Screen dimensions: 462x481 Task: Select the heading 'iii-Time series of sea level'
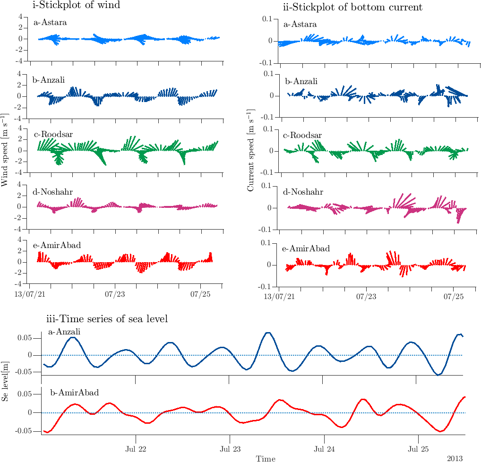pyautogui.click(x=107, y=319)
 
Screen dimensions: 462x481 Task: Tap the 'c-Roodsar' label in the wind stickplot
pyautogui.click(x=52, y=133)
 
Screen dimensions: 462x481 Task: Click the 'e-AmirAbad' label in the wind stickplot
pyautogui.click(x=56, y=245)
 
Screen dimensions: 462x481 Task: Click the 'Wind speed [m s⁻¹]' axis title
pyautogui.click(x=6, y=149)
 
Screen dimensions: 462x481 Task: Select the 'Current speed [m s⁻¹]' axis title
pyautogui.click(x=251, y=150)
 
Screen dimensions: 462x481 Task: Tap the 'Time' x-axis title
pyautogui.click(x=266, y=458)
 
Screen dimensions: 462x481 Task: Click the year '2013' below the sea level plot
pyautogui.click(x=456, y=458)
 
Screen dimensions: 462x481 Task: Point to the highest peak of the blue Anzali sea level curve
pyautogui.click(x=268, y=333)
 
